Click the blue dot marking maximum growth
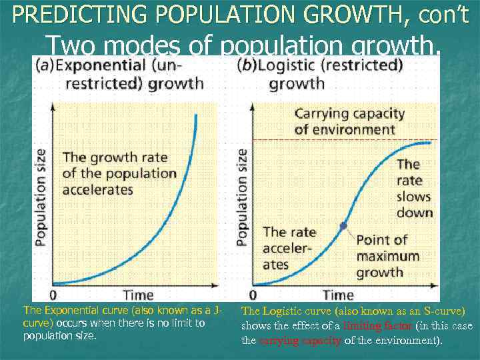pyautogui.click(x=343, y=226)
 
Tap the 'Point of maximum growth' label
pyautogui.click(x=387, y=256)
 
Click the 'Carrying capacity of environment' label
pyautogui.click(x=345, y=121)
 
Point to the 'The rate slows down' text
pyautogui.click(x=414, y=189)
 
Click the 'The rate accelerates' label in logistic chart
pyautogui.click(x=289, y=248)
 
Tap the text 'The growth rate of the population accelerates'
pyautogui.click(x=119, y=173)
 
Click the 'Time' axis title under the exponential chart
pyautogui.click(x=138, y=295)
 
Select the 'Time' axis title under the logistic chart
pyautogui.click(x=338, y=295)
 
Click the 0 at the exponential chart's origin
pyautogui.click(x=53, y=295)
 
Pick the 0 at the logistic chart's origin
pyautogui.click(x=253, y=295)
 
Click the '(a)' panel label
pyautogui.click(x=45, y=66)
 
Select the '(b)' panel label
pyautogui.click(x=248, y=66)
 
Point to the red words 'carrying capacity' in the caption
pyautogui.click(x=299, y=341)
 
